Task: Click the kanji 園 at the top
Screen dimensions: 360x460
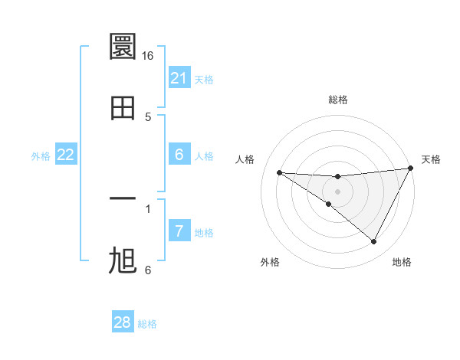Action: [x=123, y=47]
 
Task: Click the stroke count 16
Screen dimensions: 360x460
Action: [x=148, y=56]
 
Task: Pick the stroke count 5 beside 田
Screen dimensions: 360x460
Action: [x=148, y=116]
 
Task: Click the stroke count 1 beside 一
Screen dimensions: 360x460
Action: [x=148, y=208]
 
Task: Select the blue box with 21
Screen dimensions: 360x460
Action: [x=179, y=78]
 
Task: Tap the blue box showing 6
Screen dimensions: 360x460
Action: [x=179, y=155]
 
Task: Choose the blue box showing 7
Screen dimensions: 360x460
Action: [x=179, y=231]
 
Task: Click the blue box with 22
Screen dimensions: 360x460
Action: [x=66, y=155]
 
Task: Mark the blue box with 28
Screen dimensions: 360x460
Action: [x=123, y=322]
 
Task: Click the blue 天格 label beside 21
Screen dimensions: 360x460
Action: [x=204, y=79]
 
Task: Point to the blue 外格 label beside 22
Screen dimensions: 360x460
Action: [x=41, y=155]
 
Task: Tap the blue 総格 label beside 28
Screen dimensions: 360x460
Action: [x=147, y=323]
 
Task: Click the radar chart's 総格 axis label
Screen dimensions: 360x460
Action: [x=337, y=100]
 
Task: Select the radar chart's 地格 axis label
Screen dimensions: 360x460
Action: [x=402, y=262]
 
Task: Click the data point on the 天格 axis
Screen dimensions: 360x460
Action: [x=410, y=169]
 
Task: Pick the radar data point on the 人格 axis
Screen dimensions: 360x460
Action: [x=279, y=172]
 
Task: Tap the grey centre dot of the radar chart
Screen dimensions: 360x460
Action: [x=337, y=191]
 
